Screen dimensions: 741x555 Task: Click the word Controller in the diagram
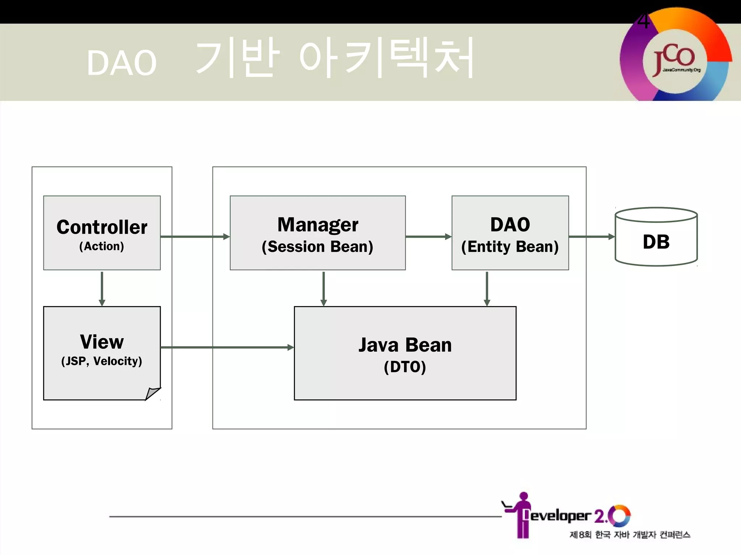102,227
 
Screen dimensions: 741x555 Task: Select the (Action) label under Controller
102,246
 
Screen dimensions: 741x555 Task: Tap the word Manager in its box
318,225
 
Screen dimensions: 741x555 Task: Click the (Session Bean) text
317,247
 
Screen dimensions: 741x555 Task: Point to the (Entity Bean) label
510,247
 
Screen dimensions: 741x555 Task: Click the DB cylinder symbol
656,237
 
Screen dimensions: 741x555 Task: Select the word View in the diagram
102,342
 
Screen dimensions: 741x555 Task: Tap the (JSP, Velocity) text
102,361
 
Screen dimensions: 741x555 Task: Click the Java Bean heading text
405,345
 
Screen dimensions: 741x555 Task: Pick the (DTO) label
405,367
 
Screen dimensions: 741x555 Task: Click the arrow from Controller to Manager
195,237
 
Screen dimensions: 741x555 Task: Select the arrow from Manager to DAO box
428,237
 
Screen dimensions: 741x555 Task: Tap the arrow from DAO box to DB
592,237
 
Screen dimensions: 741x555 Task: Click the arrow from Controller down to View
102,288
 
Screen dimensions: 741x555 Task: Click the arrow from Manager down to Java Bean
323,288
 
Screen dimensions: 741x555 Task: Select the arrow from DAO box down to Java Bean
487,288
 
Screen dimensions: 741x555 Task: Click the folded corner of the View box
152,393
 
